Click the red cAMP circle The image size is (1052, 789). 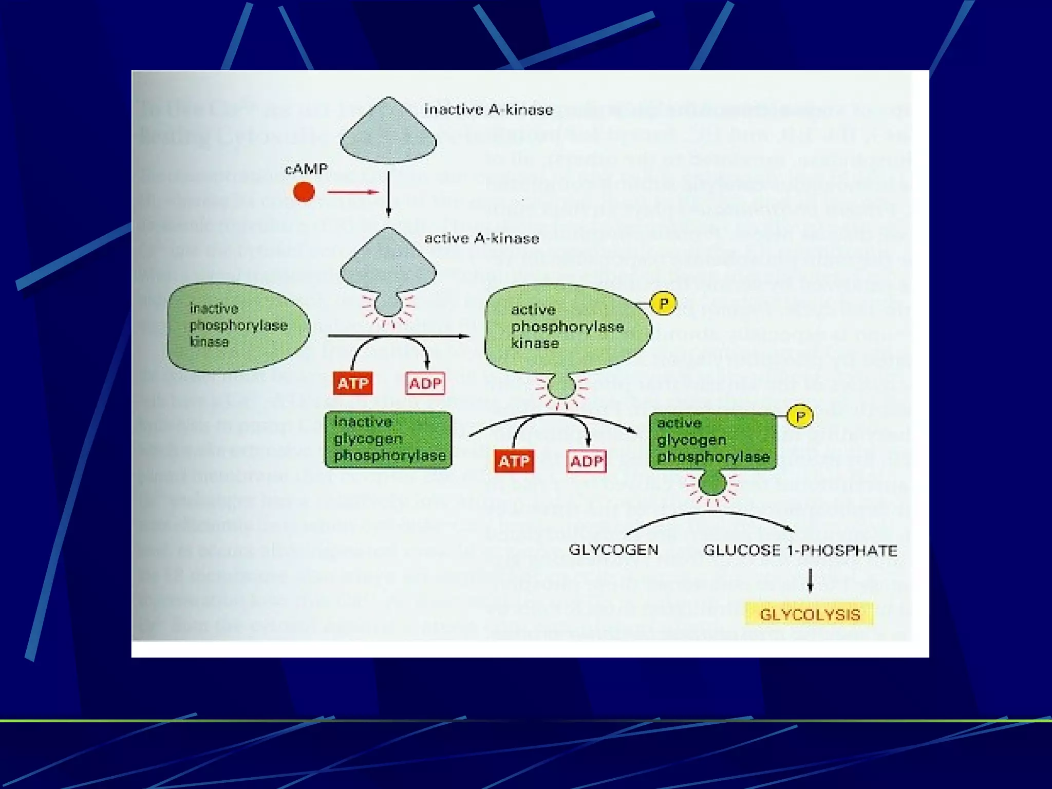click(x=304, y=193)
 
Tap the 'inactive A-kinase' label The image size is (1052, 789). click(x=488, y=109)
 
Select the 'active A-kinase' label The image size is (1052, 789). click(x=481, y=238)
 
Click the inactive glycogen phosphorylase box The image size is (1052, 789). click(x=388, y=440)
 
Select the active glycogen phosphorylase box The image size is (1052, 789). click(x=712, y=441)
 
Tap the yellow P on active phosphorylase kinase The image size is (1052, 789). click(x=663, y=304)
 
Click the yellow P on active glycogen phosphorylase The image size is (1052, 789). click(x=800, y=416)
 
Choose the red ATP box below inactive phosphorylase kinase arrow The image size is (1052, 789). click(x=352, y=383)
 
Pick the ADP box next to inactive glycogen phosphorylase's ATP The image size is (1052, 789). click(x=586, y=461)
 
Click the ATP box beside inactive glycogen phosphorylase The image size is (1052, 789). click(x=514, y=461)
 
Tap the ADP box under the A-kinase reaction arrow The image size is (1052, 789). click(x=425, y=383)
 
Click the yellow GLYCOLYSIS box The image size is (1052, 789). click(x=809, y=614)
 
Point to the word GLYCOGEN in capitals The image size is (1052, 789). click(x=613, y=550)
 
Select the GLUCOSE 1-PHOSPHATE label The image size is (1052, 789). click(x=800, y=550)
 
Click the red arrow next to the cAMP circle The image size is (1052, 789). click(x=353, y=193)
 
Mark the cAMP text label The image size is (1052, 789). click(x=306, y=168)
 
